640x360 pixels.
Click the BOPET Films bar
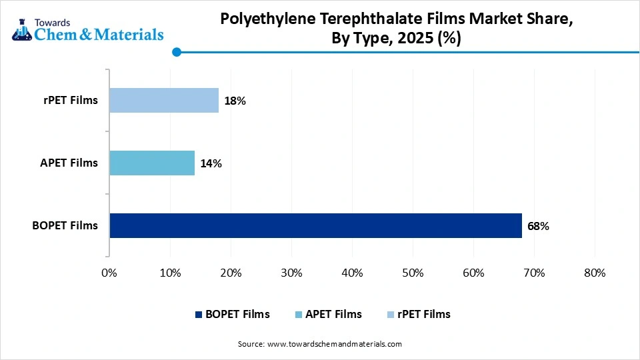pyautogui.click(x=315, y=225)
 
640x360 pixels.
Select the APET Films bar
pyautogui.click(x=152, y=163)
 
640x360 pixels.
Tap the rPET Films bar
pyautogui.click(x=164, y=101)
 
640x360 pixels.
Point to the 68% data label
pyautogui.click(x=538, y=226)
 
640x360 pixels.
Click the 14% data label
pyautogui.click(x=211, y=163)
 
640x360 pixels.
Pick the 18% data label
pyautogui.click(x=235, y=101)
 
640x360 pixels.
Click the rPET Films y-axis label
pyautogui.click(x=69, y=101)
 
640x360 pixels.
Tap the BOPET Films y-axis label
pyautogui.click(x=65, y=225)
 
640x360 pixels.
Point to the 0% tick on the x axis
pyautogui.click(x=109, y=273)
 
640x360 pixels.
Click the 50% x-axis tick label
pyautogui.click(x=413, y=273)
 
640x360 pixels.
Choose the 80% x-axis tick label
pyautogui.click(x=595, y=273)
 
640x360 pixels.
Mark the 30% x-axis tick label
pyautogui.click(x=291, y=273)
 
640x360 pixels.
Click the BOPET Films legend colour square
pyautogui.click(x=197, y=315)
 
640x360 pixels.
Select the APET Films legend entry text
pyautogui.click(x=333, y=314)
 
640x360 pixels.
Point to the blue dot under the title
pyautogui.click(x=176, y=51)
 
